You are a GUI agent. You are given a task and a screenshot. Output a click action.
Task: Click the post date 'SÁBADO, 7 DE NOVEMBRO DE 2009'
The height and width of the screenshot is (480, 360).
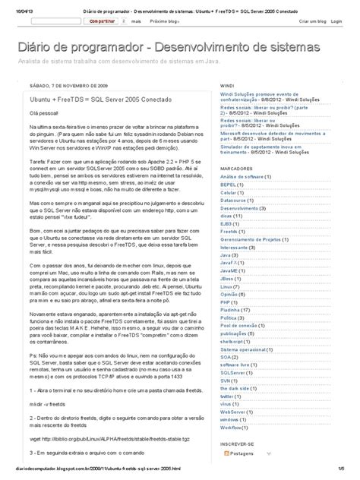click(x=69, y=87)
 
